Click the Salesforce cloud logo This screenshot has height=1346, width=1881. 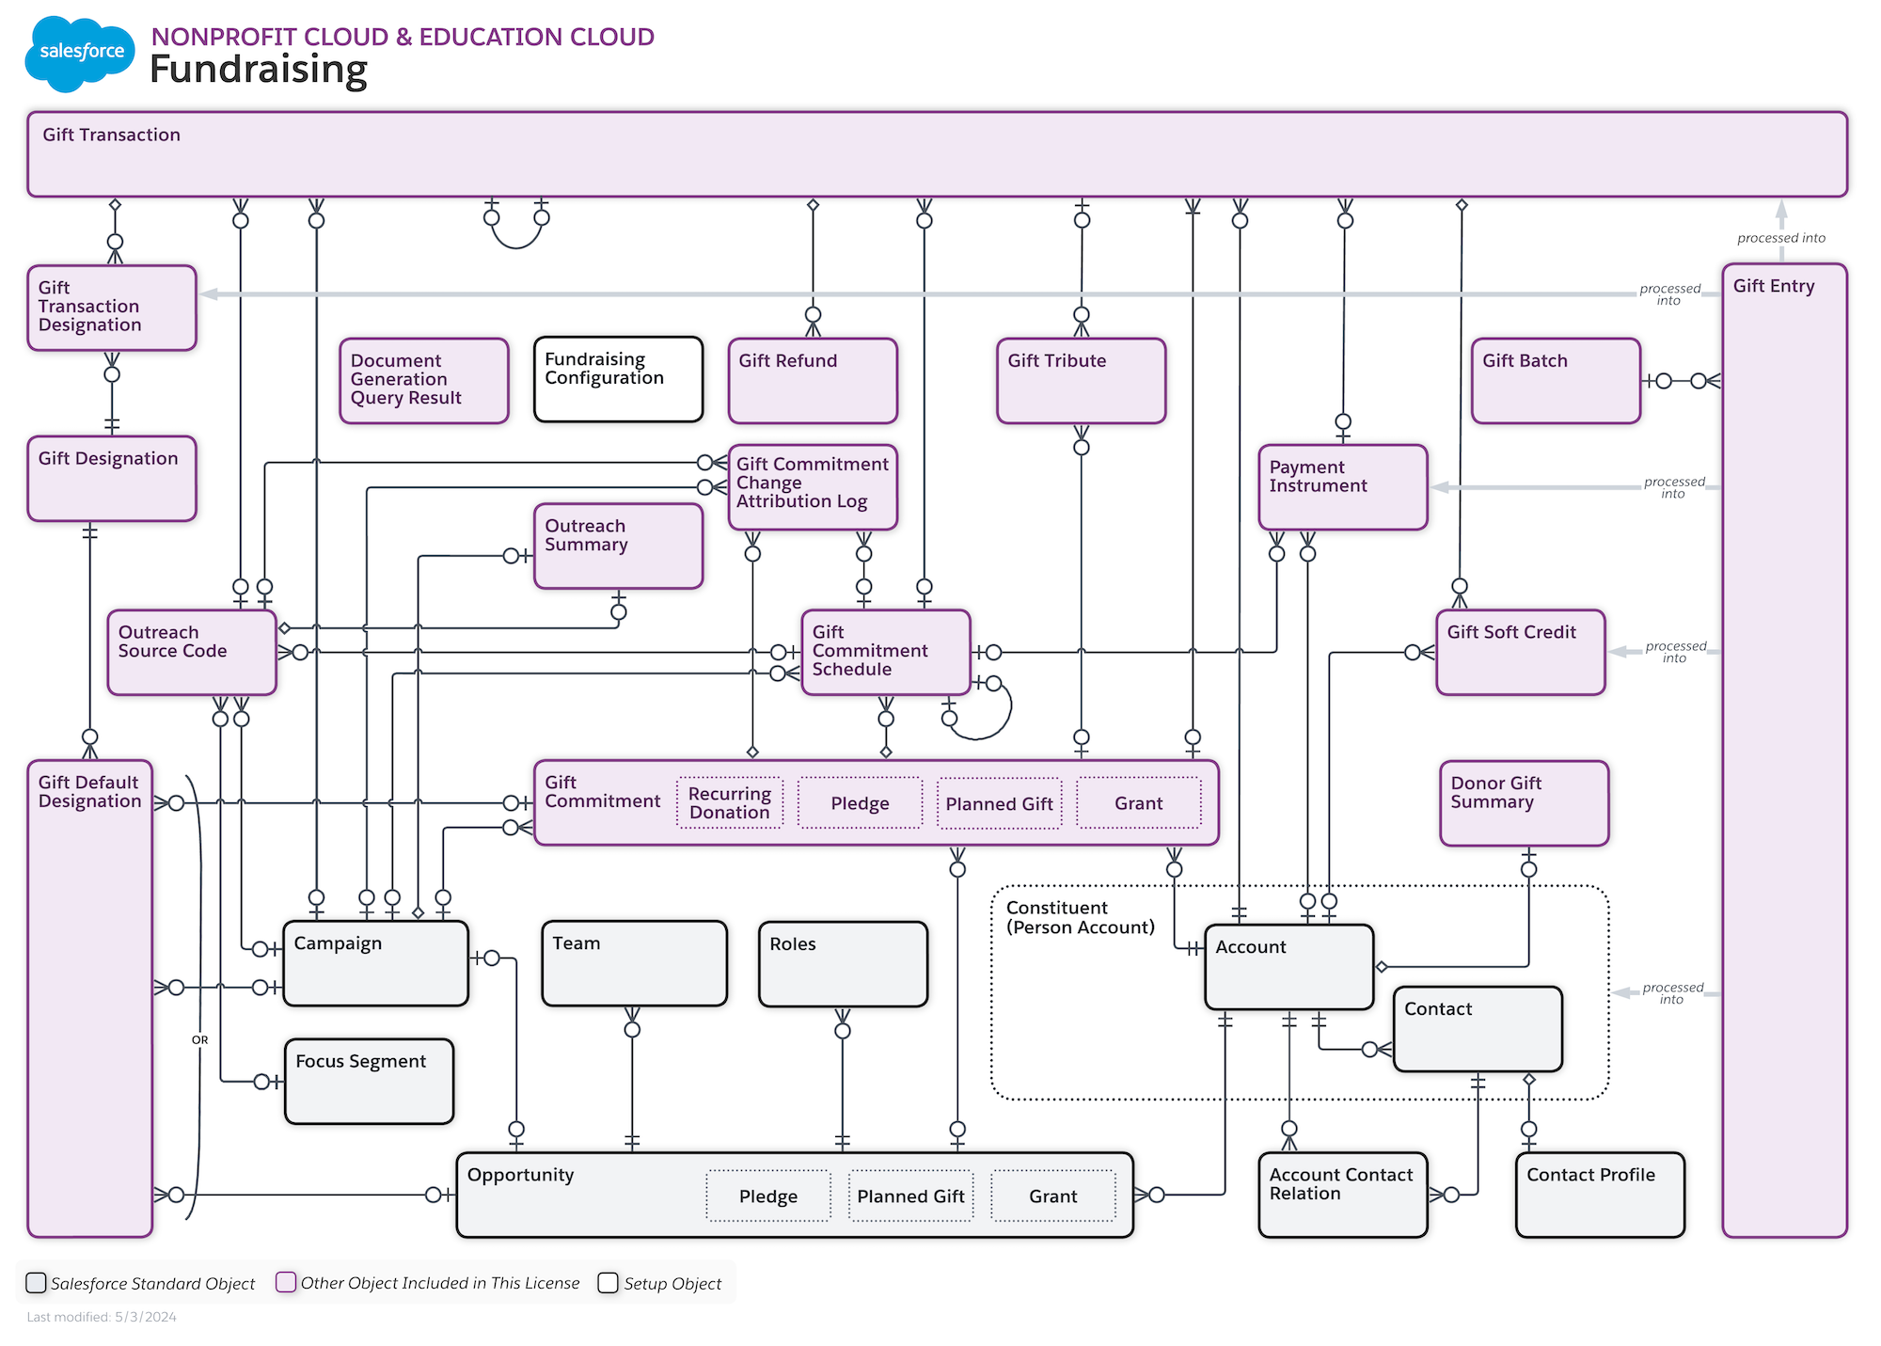[x=80, y=53]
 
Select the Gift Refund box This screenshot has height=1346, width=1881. [x=813, y=380]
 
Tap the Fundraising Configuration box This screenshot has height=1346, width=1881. [x=618, y=379]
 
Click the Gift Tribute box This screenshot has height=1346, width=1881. [x=1081, y=380]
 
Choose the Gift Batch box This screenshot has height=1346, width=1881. [x=1555, y=380]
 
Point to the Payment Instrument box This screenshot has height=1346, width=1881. [x=1342, y=487]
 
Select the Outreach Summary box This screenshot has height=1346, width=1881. [x=618, y=546]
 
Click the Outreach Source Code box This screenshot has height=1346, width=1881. [x=192, y=652]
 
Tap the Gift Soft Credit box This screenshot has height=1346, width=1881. [x=1520, y=652]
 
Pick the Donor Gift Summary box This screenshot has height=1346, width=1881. [x=1524, y=803]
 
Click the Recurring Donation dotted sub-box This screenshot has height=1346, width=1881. [x=729, y=803]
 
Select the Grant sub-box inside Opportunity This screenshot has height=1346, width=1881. [x=1052, y=1196]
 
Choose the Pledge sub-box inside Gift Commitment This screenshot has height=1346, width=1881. [x=860, y=803]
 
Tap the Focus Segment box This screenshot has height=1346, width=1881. [x=369, y=1081]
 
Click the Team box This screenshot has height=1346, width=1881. [x=634, y=963]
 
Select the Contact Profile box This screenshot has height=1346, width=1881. [x=1600, y=1195]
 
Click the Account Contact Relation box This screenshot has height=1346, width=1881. [x=1342, y=1195]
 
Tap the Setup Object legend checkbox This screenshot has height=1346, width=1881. [x=609, y=1283]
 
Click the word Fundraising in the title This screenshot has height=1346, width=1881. [x=259, y=70]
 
